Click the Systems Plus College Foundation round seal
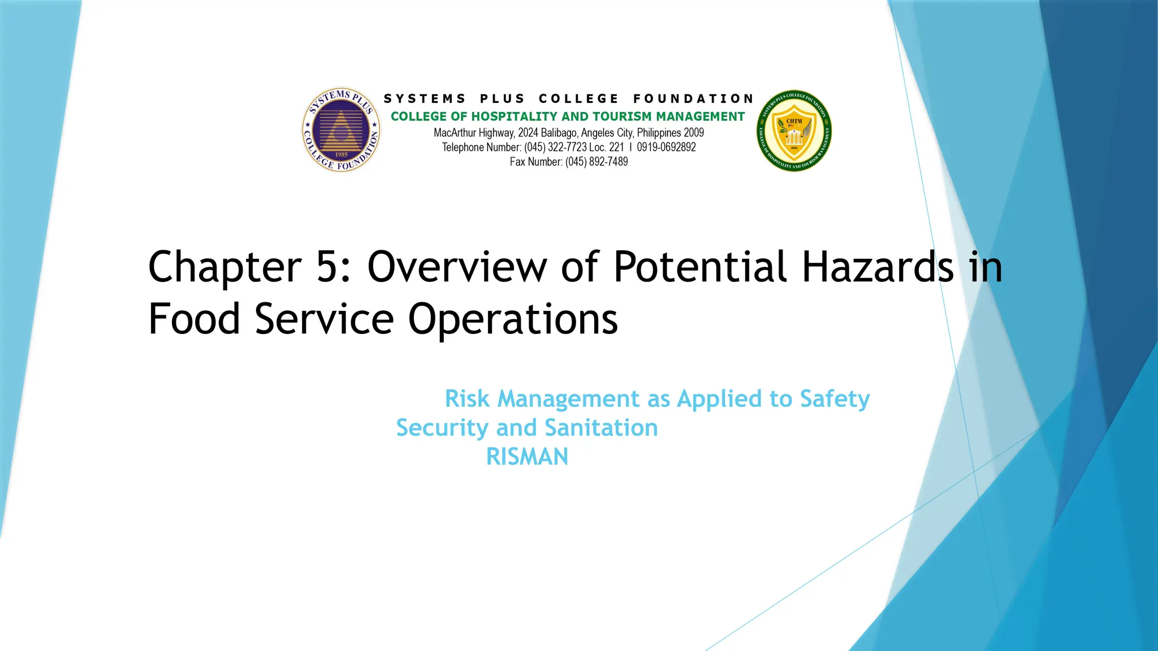tap(341, 130)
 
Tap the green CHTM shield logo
tap(794, 131)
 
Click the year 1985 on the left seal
tap(341, 154)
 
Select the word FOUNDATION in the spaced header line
tap(693, 99)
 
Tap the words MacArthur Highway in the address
tap(474, 133)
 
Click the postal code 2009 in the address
tap(694, 133)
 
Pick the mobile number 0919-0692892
tap(666, 147)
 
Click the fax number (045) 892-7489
tap(597, 162)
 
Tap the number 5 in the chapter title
tap(327, 267)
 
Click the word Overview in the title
tap(457, 267)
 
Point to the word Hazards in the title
tap(878, 267)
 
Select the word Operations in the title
tap(513, 319)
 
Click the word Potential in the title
tap(700, 267)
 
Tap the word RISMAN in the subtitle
tap(527, 457)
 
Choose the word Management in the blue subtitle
tap(568, 399)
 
